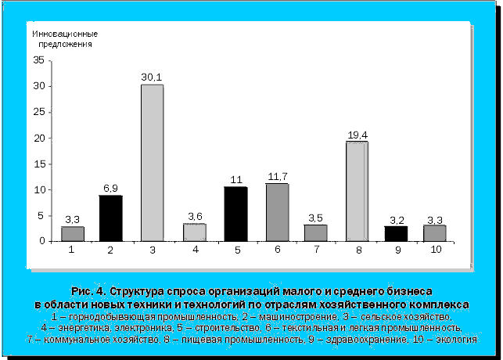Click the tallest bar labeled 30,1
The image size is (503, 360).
[x=152, y=163]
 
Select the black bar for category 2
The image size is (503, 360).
[x=110, y=218]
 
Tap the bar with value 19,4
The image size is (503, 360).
[x=357, y=191]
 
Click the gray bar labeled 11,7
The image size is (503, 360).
[x=276, y=212]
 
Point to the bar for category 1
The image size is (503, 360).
[x=72, y=233]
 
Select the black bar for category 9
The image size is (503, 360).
[x=395, y=233]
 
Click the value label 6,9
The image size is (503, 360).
[x=111, y=189]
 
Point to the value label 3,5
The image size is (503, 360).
[x=315, y=218]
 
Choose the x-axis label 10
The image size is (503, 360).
[x=436, y=250]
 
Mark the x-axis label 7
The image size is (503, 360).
[x=315, y=250]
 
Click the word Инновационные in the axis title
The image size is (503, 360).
[x=64, y=34]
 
